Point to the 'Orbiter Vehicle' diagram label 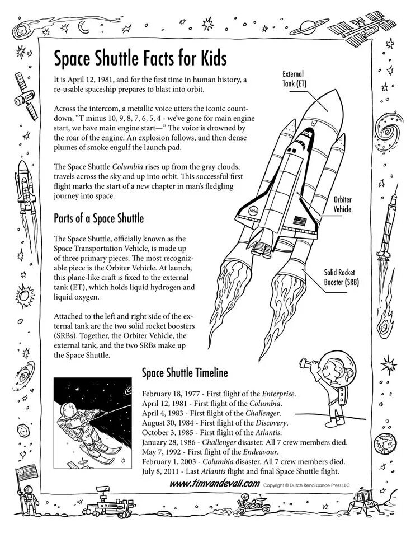click(x=342, y=204)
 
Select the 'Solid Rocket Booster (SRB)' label click(x=341, y=277)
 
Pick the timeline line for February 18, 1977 click(x=219, y=394)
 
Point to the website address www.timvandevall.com click(x=214, y=484)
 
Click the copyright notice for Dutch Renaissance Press click(x=307, y=485)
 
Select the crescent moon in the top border click(x=84, y=26)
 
